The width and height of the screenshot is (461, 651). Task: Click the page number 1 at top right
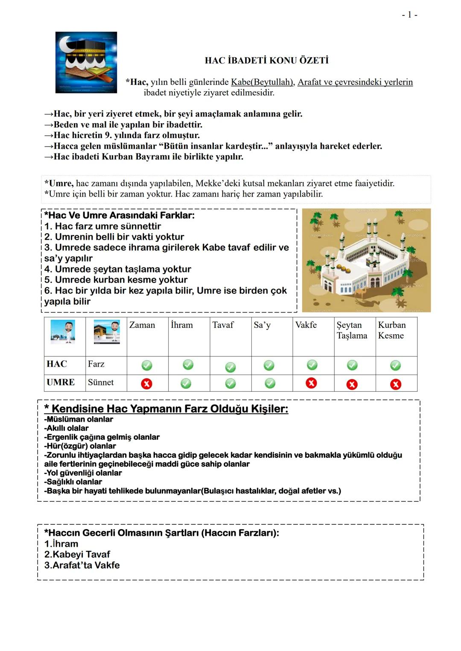pos(409,15)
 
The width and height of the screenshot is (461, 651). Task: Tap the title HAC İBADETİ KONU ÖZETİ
pos(267,61)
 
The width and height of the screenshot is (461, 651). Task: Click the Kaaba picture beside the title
pos(86,62)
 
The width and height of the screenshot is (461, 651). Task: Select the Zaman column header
pos(142,325)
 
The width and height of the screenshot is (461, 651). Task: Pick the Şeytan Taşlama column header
pos(352,330)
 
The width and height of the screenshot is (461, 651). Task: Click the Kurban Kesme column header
pos(392,330)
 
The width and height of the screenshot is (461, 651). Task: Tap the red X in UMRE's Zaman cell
pos(146,384)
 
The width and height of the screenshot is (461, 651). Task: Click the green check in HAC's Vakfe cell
pos(312,365)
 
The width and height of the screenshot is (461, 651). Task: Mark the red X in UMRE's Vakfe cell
pos(312,383)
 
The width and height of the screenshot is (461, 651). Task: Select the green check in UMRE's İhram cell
pos(186,384)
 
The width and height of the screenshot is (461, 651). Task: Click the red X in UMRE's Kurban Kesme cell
pos(396,385)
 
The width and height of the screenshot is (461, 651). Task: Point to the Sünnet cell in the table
pos(101,382)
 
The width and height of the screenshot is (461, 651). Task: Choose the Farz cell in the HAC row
pos(96,364)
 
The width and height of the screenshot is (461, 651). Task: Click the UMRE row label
pos(61,382)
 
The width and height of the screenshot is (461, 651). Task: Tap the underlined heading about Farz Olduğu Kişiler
pos(169,409)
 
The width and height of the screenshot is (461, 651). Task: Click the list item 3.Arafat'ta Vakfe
pos(82,565)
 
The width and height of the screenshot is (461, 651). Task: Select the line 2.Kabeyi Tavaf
pos(77,555)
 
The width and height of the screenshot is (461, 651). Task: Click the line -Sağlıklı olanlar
pos(73,482)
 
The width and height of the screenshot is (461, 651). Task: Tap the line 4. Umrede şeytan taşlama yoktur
pos(118,269)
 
